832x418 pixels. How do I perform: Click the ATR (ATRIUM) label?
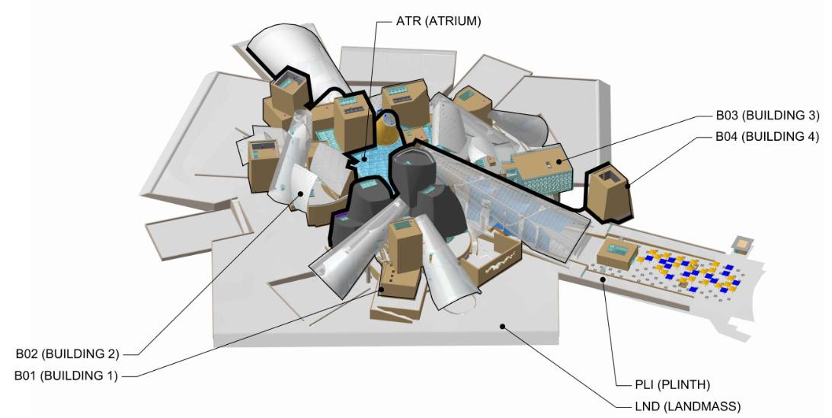coord(439,21)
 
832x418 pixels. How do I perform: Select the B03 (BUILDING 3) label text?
coord(766,116)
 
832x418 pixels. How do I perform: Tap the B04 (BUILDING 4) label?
coord(766,137)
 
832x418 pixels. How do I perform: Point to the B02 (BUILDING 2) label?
coord(68,354)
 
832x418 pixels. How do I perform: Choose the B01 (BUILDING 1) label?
coord(68,375)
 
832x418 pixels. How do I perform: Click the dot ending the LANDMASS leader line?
coord(502,327)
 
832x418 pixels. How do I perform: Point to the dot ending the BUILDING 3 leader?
coord(561,161)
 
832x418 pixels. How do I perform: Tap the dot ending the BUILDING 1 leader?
coord(381,289)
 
